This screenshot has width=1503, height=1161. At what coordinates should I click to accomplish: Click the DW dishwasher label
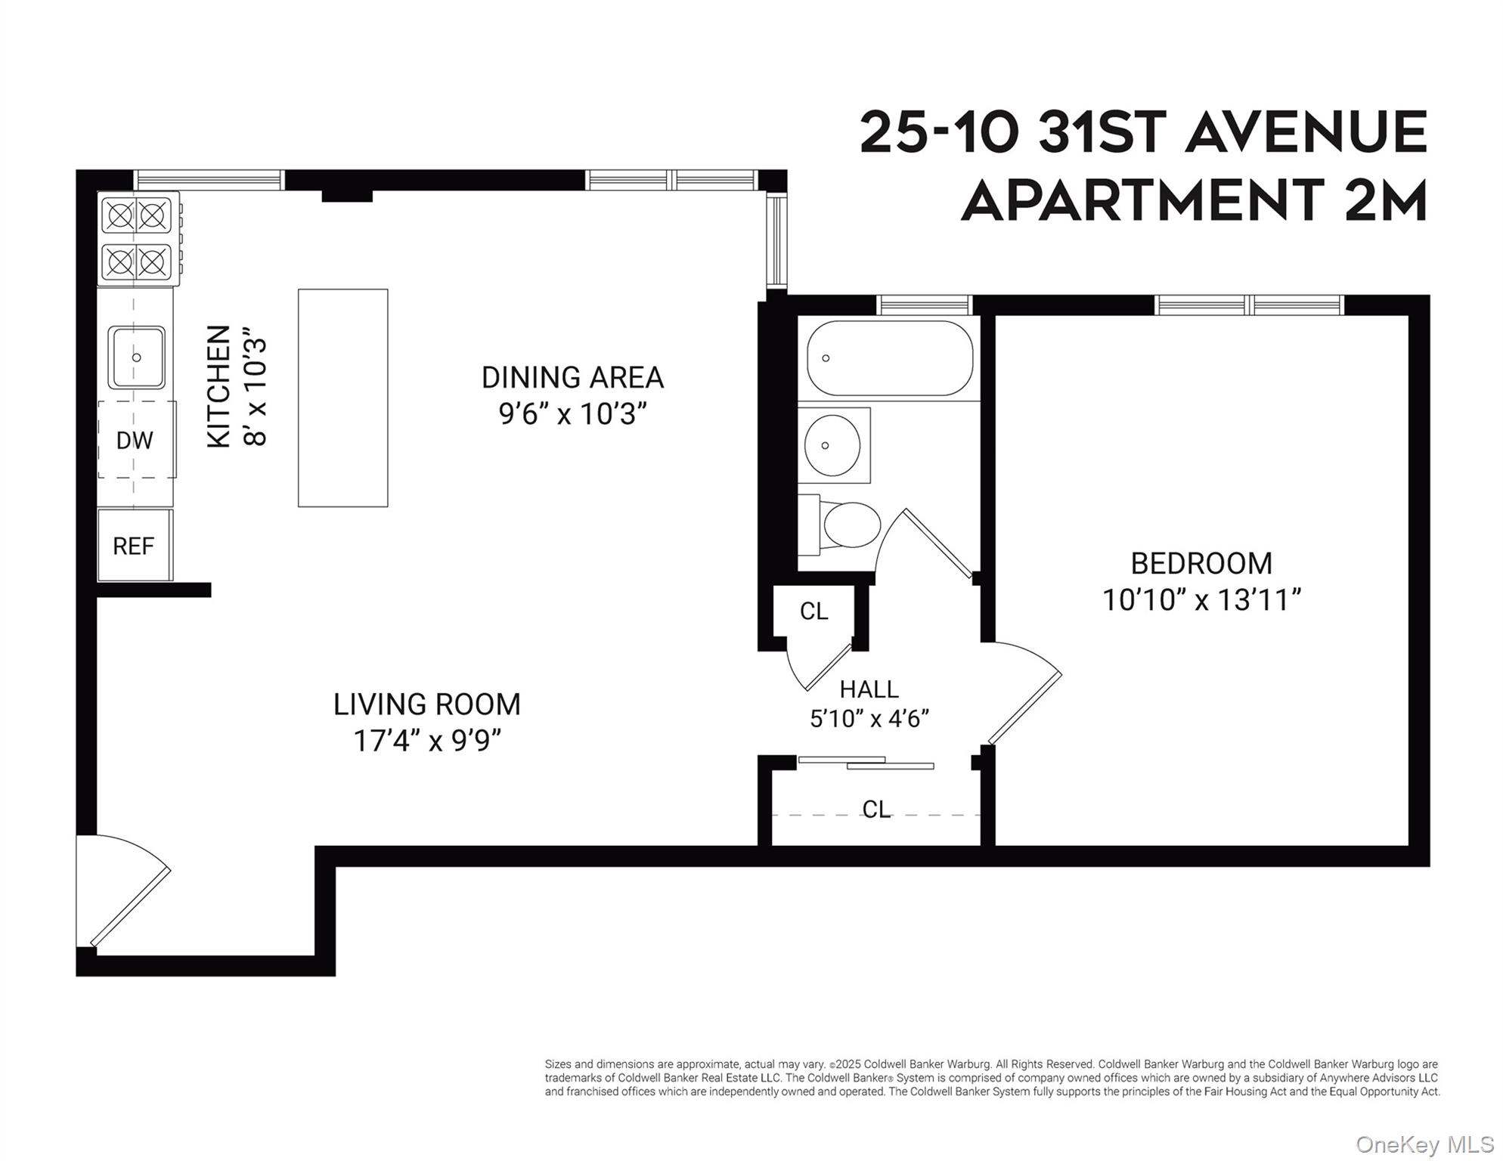(135, 441)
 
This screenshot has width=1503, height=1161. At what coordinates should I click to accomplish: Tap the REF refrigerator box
(134, 546)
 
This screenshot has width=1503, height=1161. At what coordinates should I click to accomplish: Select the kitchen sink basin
(136, 358)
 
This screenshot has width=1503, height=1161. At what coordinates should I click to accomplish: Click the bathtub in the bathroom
(889, 358)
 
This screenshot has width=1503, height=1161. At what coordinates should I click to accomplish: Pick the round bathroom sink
(832, 445)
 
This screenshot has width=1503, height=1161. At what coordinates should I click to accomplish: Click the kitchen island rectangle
(342, 398)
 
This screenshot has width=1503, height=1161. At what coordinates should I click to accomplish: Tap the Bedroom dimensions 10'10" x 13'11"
(1201, 600)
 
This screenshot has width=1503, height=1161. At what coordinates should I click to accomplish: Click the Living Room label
(427, 704)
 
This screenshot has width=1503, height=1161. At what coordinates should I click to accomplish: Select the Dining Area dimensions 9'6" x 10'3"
(572, 414)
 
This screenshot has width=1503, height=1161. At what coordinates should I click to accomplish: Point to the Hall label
(869, 689)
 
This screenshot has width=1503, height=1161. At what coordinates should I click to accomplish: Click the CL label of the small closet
(813, 611)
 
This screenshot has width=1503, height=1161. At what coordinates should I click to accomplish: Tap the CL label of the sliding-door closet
(876, 810)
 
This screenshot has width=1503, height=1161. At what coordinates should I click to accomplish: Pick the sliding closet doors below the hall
(866, 763)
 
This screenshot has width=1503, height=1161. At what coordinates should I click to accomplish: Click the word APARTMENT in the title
(1142, 201)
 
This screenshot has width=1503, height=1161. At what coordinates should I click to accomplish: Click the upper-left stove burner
(119, 216)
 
